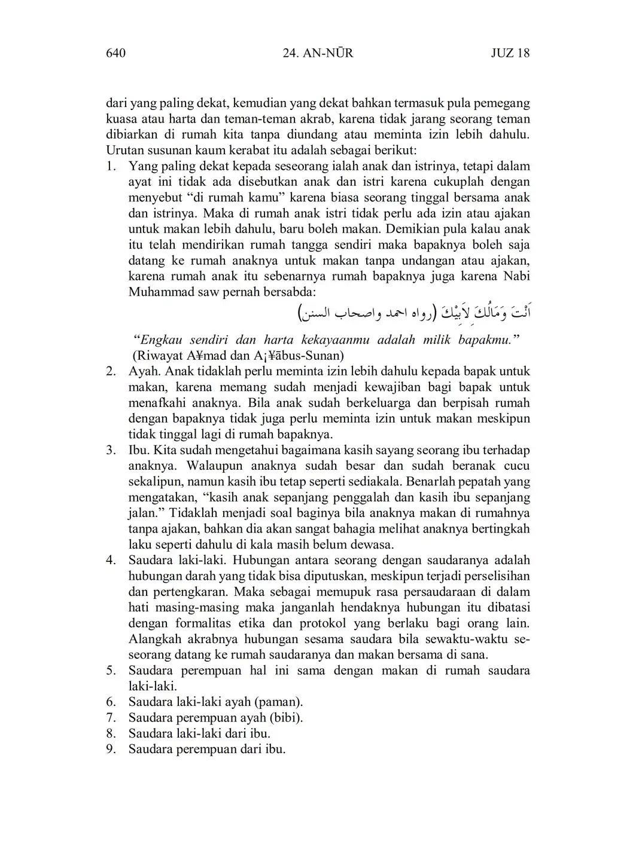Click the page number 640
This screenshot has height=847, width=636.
(x=115, y=53)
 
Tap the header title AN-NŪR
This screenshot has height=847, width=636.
(x=328, y=53)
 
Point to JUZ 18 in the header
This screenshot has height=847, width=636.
(x=510, y=53)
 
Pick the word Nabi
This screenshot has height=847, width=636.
(x=517, y=276)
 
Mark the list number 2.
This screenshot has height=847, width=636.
(x=111, y=371)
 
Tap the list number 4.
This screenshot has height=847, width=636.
(x=111, y=560)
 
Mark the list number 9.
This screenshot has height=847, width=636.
(x=111, y=749)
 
